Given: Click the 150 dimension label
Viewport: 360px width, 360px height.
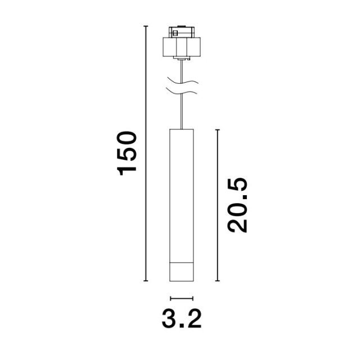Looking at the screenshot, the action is pyautogui.click(x=127, y=154).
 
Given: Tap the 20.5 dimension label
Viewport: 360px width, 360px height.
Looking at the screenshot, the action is pyautogui.click(x=237, y=205).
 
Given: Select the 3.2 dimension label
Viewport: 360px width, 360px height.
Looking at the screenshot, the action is pyautogui.click(x=182, y=319).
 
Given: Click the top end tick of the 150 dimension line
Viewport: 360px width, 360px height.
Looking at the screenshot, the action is pyautogui.click(x=146, y=26).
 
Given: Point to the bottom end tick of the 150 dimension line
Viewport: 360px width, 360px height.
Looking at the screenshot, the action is pyautogui.click(x=146, y=281).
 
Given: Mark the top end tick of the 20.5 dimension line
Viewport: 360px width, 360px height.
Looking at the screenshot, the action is pyautogui.click(x=218, y=130).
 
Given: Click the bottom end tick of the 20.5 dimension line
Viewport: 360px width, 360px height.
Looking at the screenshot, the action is pyautogui.click(x=218, y=281).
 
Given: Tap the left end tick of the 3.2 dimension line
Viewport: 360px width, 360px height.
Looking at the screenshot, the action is pyautogui.click(x=170, y=299).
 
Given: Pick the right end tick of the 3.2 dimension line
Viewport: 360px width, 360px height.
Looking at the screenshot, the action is pyautogui.click(x=192, y=299).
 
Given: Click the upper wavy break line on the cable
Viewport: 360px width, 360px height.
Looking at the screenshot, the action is pyautogui.click(x=183, y=81).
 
